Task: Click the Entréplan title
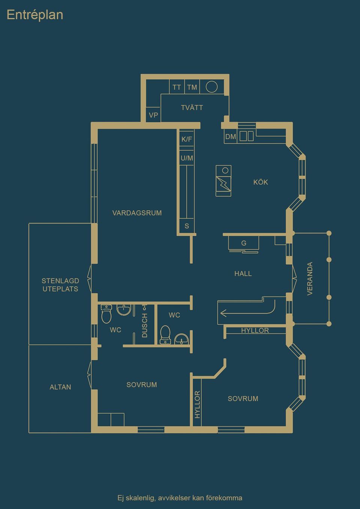[35, 15]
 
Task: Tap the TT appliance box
[177, 87]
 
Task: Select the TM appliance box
[192, 87]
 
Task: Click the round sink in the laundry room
[211, 87]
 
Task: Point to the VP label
[153, 115]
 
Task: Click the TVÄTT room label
[192, 108]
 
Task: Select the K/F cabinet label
[186, 139]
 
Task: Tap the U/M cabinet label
[187, 158]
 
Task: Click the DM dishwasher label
[231, 137]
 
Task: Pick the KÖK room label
[261, 182]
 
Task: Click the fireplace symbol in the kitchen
[223, 181]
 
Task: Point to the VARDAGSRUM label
[137, 213]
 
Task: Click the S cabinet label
[187, 226]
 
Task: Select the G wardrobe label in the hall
[244, 243]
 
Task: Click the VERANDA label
[310, 278]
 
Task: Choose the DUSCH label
[145, 325]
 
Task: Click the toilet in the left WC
[106, 314]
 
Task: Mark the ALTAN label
[60, 387]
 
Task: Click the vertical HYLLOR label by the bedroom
[197, 404]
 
